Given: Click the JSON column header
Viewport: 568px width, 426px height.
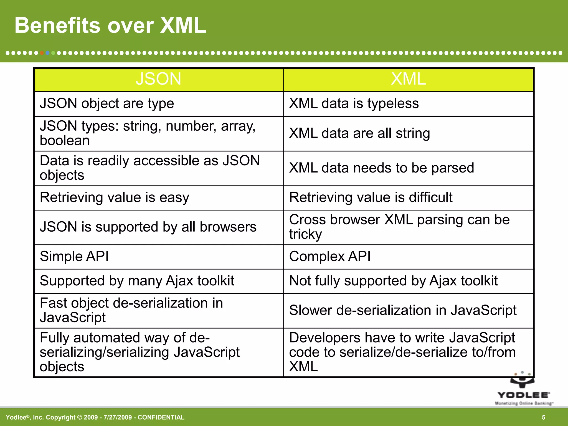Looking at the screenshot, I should pos(158,79).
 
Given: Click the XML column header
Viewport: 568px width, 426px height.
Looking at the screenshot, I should pos(408,79).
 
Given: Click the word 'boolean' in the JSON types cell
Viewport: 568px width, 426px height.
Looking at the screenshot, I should pos(65,141).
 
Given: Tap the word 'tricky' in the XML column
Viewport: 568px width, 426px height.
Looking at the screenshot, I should pos(305,234).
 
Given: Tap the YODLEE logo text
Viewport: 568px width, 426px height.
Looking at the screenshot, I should pos(523,395).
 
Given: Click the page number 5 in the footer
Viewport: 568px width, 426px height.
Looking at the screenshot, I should pos(544,417).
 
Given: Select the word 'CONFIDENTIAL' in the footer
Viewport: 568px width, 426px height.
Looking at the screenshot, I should pos(161,417).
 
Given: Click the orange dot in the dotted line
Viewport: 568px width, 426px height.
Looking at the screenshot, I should pos(42,53).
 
